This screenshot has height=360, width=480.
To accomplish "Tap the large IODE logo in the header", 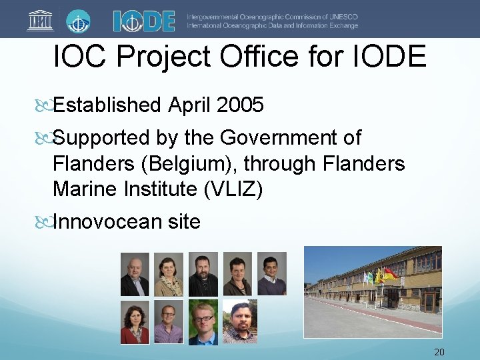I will [x=143, y=21].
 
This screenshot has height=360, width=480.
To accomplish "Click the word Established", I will [x=107, y=105].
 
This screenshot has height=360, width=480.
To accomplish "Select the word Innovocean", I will [x=107, y=221].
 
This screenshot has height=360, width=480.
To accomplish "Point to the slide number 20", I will [x=439, y=352].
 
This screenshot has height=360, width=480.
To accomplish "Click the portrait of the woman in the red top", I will [x=135, y=322].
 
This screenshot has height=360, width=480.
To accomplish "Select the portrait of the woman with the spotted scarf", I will [x=169, y=274].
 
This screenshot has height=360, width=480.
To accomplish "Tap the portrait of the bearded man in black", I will [x=203, y=274].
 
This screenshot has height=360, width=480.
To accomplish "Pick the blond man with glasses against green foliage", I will [x=203, y=322].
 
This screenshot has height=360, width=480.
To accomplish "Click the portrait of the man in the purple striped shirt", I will [x=169, y=322].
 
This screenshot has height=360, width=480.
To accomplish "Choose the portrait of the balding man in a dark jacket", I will [x=135, y=274].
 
